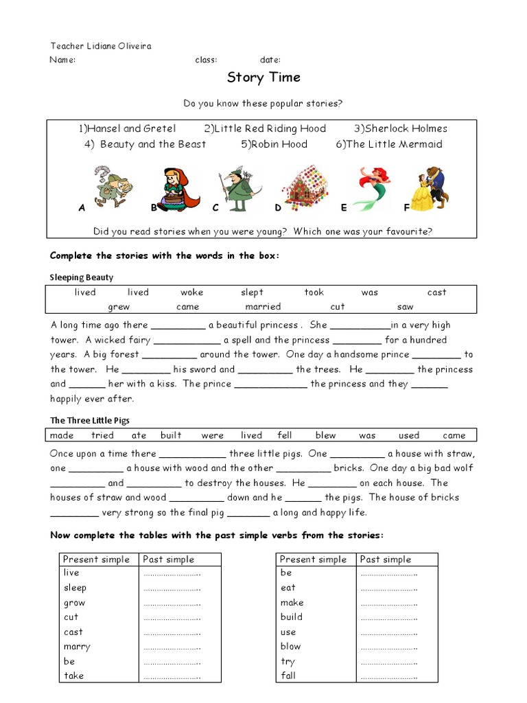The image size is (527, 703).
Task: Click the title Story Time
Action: (263, 78)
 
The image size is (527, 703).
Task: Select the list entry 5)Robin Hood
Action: (274, 144)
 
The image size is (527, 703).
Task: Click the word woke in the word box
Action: (192, 292)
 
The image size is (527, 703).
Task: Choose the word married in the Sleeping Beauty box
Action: (263, 307)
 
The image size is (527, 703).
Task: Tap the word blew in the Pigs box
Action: (325, 435)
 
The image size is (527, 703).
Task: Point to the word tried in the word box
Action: (102, 435)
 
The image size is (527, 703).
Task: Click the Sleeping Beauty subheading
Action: (82, 277)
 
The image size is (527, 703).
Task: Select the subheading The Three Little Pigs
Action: (90, 420)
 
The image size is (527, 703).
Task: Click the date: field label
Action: (270, 60)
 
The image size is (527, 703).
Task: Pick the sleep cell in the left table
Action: (75, 588)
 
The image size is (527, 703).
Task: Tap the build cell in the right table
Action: (292, 616)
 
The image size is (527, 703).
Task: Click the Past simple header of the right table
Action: (386, 560)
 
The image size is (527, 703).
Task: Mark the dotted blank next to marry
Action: (172, 647)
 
